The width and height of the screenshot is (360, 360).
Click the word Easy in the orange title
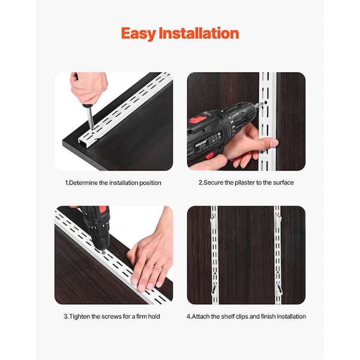click(x=139, y=34)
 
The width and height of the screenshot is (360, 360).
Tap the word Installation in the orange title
click(x=199, y=33)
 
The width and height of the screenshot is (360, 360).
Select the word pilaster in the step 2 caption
click(x=244, y=182)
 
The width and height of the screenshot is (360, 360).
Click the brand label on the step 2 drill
click(x=202, y=143)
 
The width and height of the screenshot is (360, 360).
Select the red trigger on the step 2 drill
click(x=209, y=155)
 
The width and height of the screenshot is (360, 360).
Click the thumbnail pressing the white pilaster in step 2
click(x=274, y=143)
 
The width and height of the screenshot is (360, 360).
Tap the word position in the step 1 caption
click(x=150, y=183)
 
